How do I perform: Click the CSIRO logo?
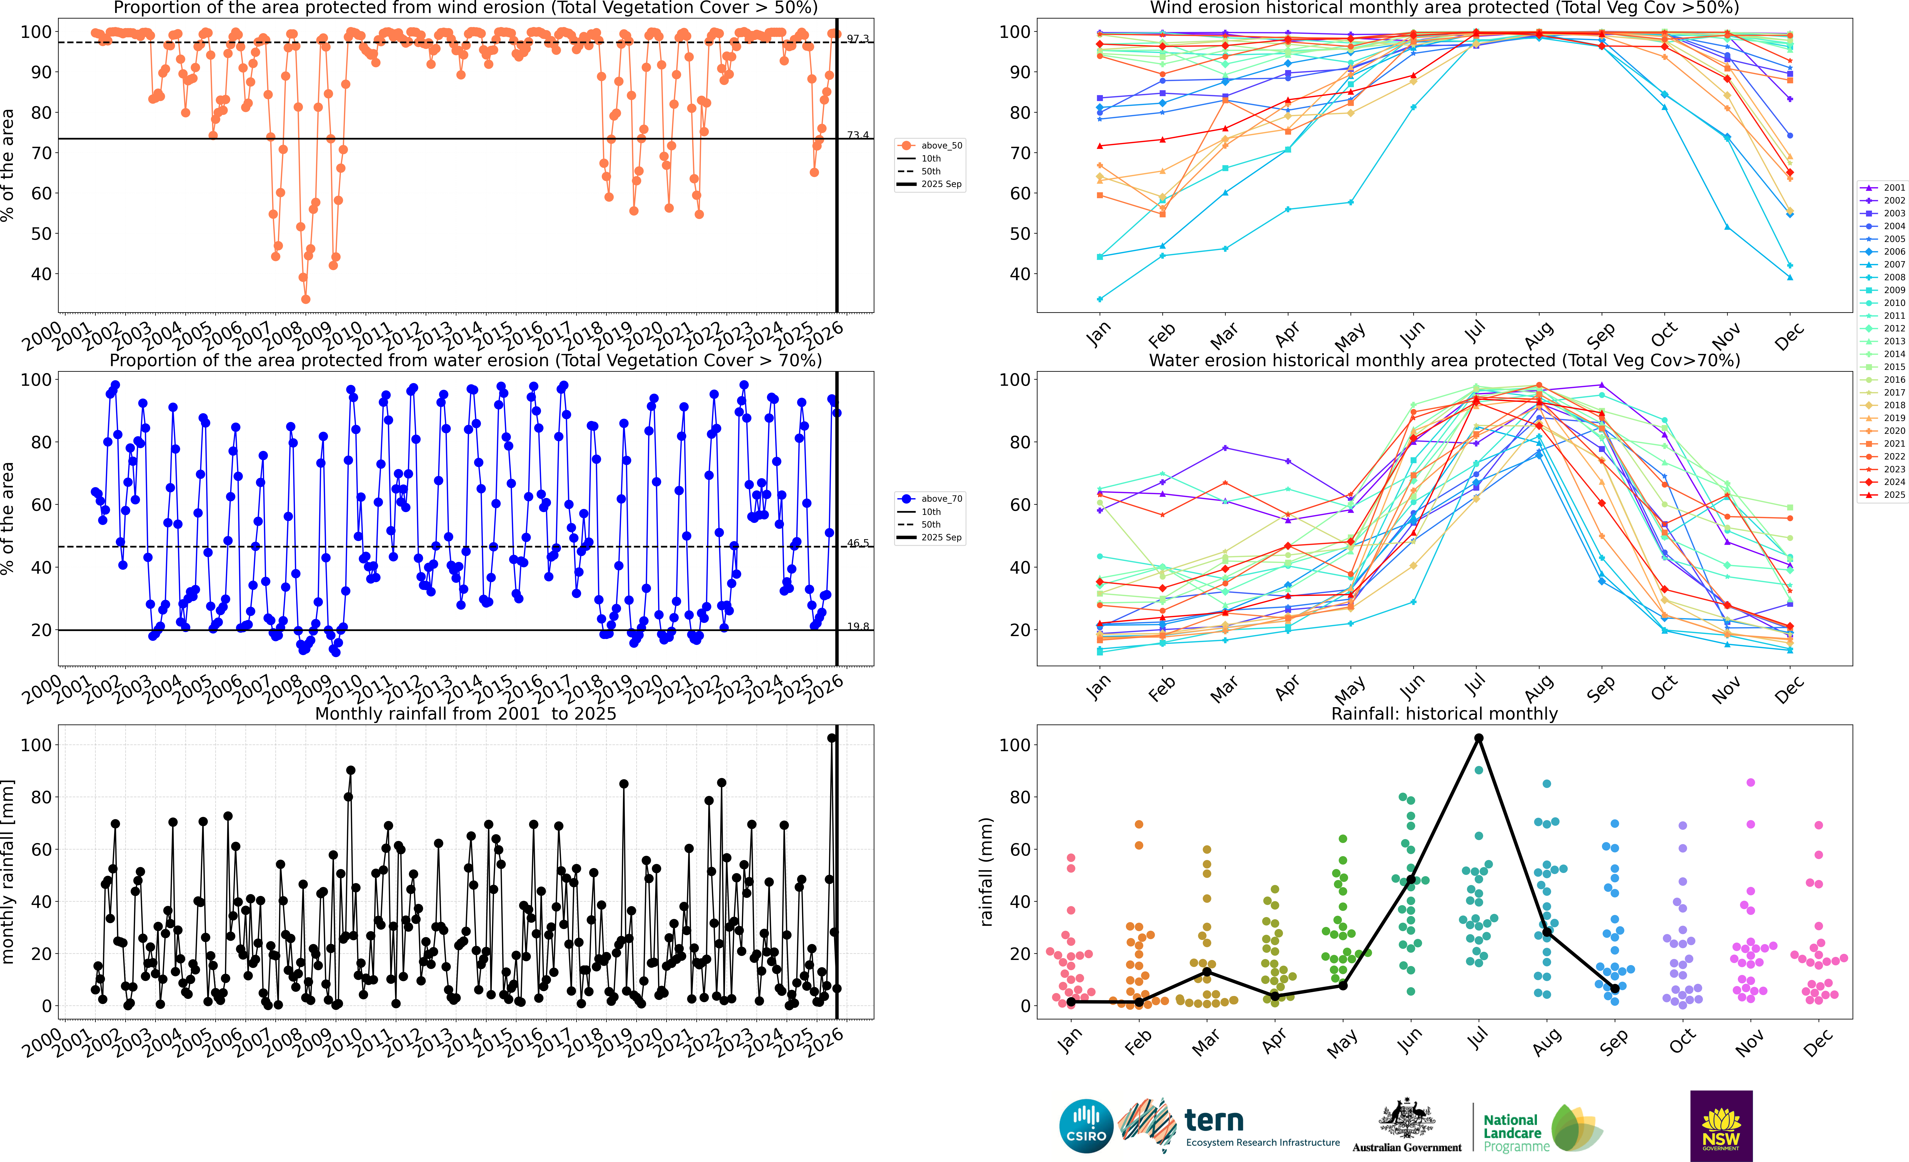click(x=1086, y=1126)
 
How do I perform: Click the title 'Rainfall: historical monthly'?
click(x=1444, y=713)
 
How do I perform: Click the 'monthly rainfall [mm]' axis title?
click(x=8, y=872)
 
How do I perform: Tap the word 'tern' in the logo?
click(x=1214, y=1120)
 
